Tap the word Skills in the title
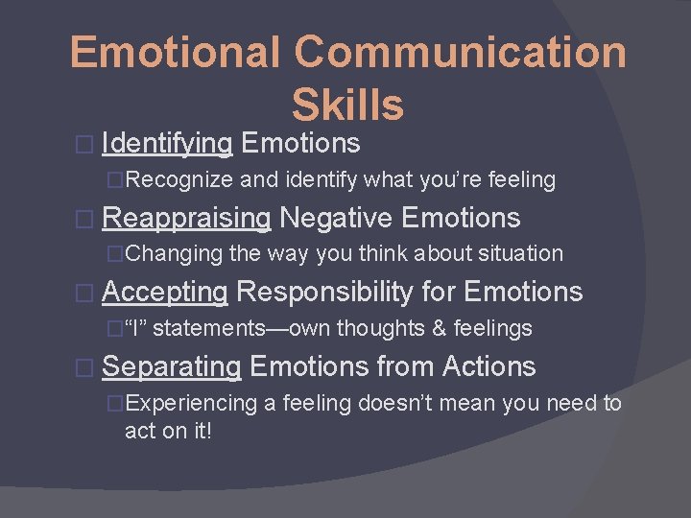pyautogui.click(x=347, y=105)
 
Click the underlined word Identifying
pyautogui.click(x=167, y=144)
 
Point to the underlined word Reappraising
pyautogui.click(x=186, y=218)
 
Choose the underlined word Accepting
pyautogui.click(x=164, y=292)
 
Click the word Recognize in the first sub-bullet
pyautogui.click(x=179, y=179)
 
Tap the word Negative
pyautogui.click(x=336, y=218)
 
